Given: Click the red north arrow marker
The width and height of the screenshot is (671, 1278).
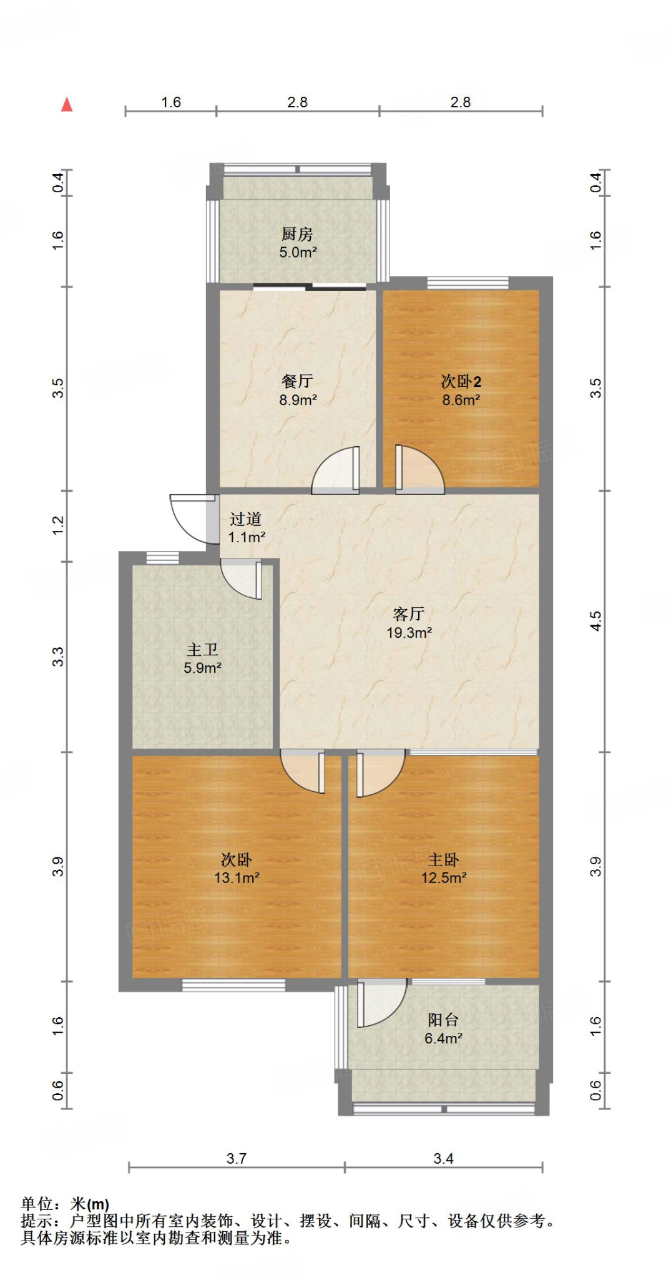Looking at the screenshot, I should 67,105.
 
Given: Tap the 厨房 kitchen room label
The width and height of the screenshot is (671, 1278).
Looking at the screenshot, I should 297,234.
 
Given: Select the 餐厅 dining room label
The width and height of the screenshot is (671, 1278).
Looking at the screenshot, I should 297,381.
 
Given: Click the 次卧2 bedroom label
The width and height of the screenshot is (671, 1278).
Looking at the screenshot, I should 461,381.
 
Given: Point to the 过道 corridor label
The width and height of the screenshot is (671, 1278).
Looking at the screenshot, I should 245,519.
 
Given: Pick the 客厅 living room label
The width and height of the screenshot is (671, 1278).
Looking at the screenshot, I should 409,614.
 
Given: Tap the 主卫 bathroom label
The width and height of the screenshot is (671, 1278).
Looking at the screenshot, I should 202,650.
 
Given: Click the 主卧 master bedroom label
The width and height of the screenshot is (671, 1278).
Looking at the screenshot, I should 443,860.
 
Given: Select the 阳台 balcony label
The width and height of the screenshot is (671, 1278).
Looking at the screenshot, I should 443,1020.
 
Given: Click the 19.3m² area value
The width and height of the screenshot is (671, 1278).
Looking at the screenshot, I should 409,633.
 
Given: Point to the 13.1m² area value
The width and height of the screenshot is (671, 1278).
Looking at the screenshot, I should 237,878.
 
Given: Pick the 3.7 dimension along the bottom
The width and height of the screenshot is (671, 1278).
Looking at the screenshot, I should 237,1159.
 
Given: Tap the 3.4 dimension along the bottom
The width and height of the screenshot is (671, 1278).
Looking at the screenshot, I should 443,1159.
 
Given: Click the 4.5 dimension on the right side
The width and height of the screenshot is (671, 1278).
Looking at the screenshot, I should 595,622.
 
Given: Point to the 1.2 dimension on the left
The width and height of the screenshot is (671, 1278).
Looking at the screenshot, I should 58,525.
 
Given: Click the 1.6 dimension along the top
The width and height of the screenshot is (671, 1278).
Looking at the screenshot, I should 171,102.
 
